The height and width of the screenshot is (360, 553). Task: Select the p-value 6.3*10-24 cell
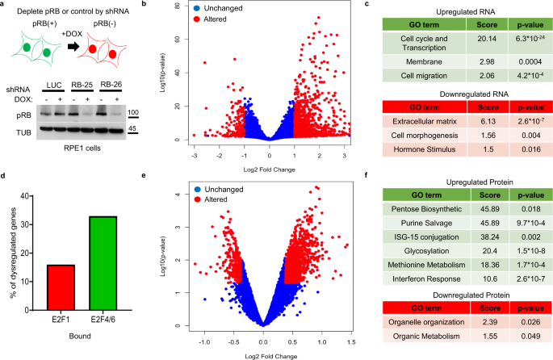coord(518,58)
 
